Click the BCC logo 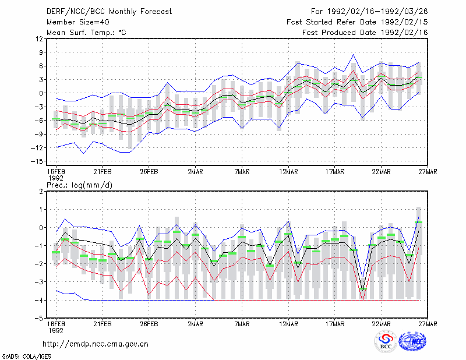386,341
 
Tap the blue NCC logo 412,341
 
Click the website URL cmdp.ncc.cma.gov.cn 96,344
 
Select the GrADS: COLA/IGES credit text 26,357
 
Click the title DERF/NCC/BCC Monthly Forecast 109,12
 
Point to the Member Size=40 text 78,22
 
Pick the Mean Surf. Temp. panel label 86,33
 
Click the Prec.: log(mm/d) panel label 79,185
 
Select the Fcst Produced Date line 365,33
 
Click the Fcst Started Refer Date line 357,22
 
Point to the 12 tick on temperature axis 40,39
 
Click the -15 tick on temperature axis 37,161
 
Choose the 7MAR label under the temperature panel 242,172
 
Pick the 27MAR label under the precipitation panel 428,324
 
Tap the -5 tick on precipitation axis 39,319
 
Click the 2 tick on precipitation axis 41,192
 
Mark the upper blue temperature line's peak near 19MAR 354,55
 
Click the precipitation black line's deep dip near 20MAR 362,290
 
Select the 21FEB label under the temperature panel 103,172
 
